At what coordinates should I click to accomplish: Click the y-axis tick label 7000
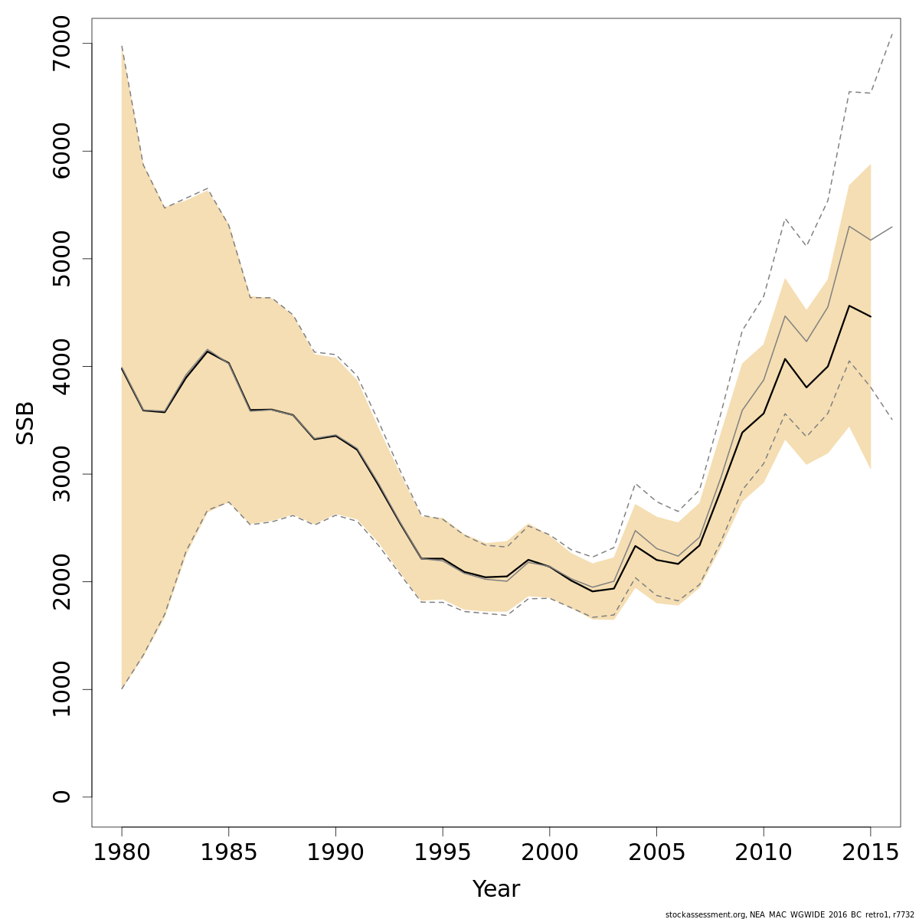pos(61,44)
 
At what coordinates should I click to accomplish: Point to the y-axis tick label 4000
pos(61,367)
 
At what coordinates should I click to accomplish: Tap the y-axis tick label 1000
pos(61,689)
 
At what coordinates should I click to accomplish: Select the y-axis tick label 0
pos(61,796)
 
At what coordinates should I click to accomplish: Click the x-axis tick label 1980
pos(122,852)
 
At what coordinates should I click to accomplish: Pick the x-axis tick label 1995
pos(443,852)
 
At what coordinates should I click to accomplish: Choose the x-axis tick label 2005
pos(656,852)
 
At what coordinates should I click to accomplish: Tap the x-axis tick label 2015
pos(870,852)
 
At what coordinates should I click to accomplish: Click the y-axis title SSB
pos(26,423)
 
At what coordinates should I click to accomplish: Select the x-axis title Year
pos(496,889)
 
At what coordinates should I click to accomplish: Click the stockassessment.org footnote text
pos(790,914)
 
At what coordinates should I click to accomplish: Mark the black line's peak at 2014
pos(849,306)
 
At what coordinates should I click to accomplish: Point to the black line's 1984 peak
pos(208,351)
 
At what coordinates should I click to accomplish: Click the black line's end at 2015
pos(871,316)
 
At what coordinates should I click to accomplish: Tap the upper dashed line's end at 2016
pos(892,33)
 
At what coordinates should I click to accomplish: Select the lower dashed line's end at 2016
pos(892,420)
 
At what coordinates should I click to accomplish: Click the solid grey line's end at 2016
pos(892,227)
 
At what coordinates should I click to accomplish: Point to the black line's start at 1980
pos(122,368)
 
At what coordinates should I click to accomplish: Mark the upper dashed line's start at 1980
pos(122,46)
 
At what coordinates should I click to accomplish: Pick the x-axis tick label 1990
pos(335,852)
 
